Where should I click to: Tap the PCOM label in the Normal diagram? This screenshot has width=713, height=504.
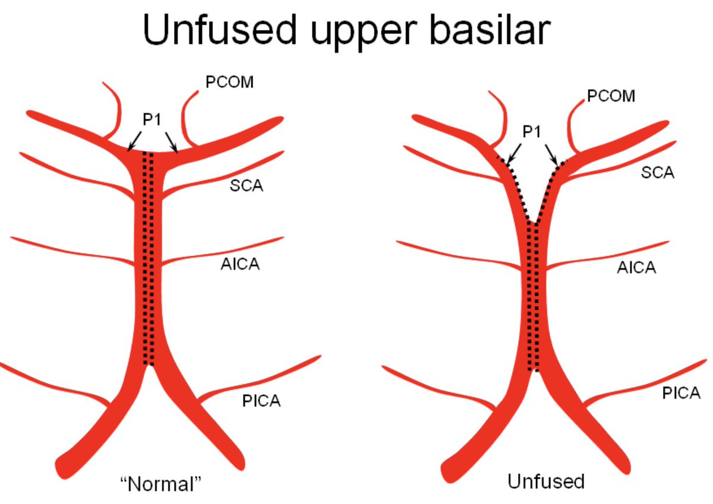point(229,83)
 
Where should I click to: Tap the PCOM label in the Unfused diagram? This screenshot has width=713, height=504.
point(611,96)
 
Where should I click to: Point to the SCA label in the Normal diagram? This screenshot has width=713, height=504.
point(247,186)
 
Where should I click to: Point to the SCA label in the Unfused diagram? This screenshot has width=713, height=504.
point(658,173)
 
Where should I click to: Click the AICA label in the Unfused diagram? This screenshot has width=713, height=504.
point(636,267)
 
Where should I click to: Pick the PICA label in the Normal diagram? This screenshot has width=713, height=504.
point(261,402)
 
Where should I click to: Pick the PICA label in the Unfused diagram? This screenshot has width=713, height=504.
point(682,393)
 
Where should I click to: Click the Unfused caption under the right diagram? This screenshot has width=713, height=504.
point(546,481)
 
